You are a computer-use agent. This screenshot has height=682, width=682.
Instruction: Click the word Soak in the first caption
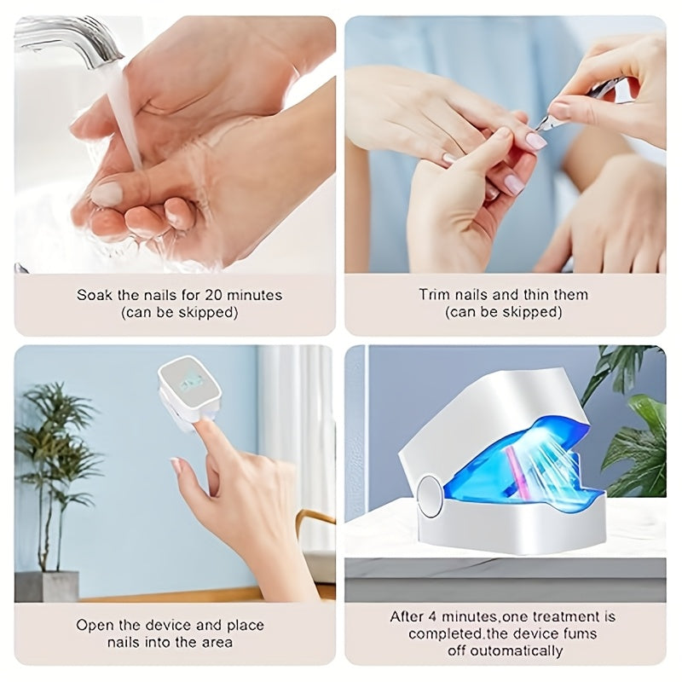(x=94, y=296)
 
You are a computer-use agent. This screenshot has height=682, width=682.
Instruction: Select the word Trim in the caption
(x=434, y=296)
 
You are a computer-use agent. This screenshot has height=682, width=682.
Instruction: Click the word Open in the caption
(x=94, y=625)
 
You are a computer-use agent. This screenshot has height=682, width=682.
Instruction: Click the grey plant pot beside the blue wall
(x=46, y=587)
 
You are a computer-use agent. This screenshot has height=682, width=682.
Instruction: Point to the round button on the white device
(x=430, y=494)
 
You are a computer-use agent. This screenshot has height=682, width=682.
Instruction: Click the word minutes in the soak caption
(x=248, y=296)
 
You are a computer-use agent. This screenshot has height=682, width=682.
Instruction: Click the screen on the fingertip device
(x=190, y=381)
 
